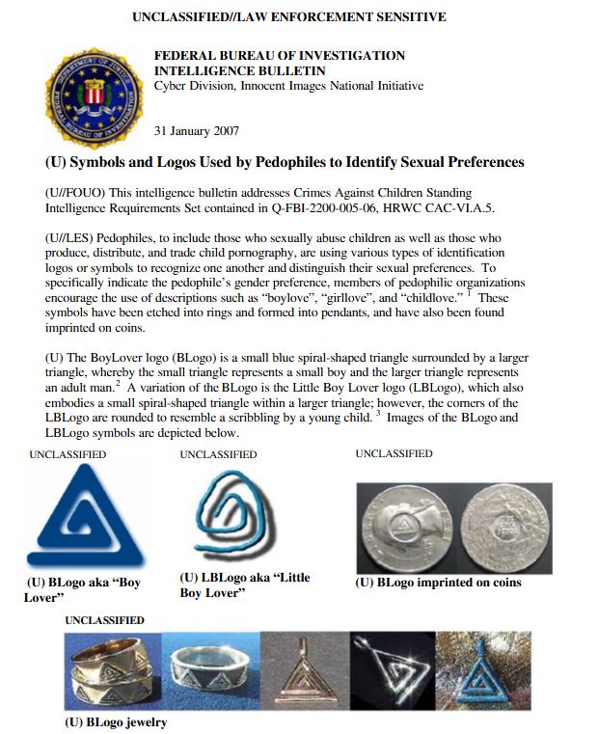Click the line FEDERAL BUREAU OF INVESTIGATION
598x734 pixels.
click(280, 56)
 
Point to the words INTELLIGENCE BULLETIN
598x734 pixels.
click(239, 70)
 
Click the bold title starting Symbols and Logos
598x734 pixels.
click(285, 162)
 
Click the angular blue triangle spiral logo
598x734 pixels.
click(82, 519)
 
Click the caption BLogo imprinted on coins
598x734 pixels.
click(438, 583)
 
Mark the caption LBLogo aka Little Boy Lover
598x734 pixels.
click(244, 584)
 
